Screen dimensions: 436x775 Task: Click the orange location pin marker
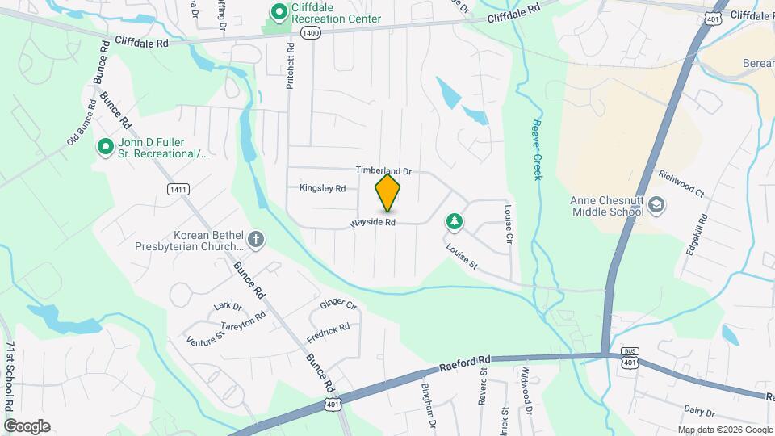[x=388, y=192]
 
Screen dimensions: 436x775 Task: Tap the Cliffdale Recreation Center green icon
[x=279, y=11]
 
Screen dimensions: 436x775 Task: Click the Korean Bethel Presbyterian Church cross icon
[x=256, y=239]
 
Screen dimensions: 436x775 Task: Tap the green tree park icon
[x=455, y=220]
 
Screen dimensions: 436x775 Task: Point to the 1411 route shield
[x=178, y=189]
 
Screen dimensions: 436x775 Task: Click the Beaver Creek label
[x=537, y=149]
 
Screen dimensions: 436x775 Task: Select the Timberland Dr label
[x=384, y=171]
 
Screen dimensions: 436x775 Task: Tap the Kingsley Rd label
[x=322, y=188]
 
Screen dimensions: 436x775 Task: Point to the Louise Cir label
[x=509, y=224]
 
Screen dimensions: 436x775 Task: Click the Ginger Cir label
[x=338, y=305]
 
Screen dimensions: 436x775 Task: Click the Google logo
[x=27, y=426]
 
